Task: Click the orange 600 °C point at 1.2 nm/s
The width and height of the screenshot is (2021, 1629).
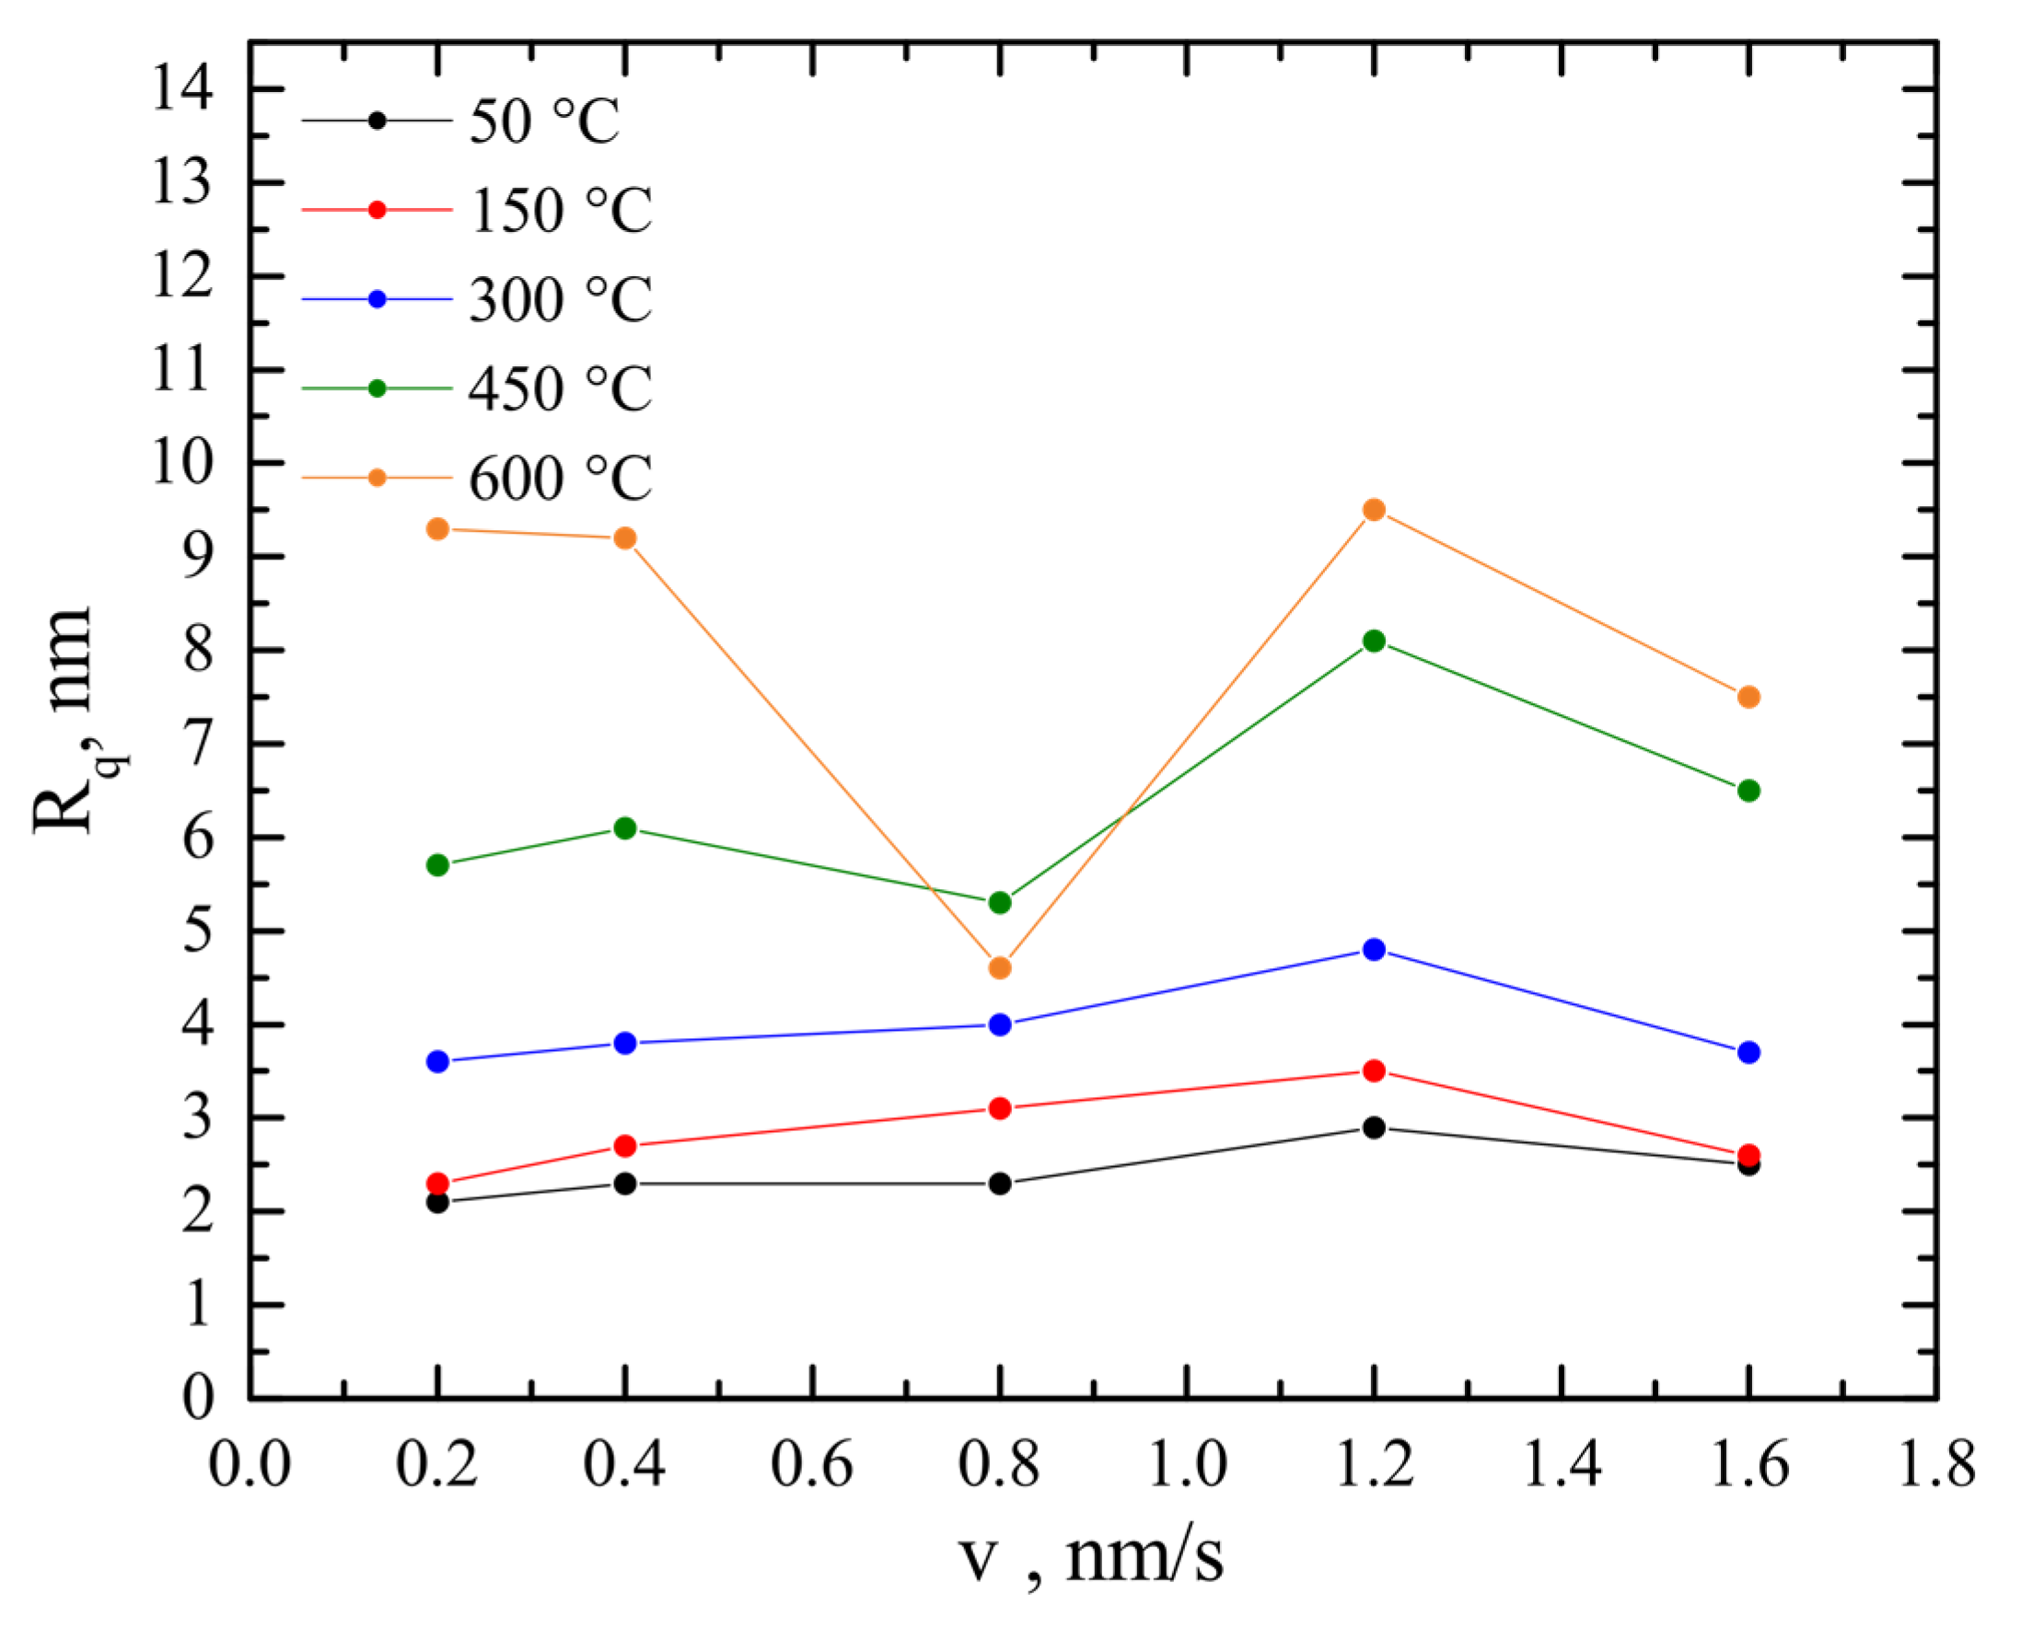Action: [1374, 510]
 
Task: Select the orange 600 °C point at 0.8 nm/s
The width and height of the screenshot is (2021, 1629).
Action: [1000, 967]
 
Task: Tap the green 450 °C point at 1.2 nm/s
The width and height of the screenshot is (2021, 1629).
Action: [1374, 641]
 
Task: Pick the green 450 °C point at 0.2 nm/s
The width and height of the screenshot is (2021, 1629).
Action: [437, 864]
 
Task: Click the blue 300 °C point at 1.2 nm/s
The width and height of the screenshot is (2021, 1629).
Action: [1374, 949]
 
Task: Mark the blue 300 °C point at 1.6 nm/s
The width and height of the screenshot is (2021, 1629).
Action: [1748, 1052]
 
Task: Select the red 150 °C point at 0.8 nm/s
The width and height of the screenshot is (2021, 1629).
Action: [1000, 1108]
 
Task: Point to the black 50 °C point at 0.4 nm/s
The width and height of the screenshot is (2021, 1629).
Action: [625, 1184]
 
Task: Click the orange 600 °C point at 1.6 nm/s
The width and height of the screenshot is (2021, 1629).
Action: [1748, 698]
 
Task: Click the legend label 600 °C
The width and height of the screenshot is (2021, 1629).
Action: [561, 479]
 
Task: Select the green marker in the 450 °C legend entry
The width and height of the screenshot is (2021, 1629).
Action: [377, 388]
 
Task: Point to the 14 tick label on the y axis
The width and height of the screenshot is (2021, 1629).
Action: [183, 91]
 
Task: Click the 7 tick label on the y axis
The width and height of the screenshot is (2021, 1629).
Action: [198, 745]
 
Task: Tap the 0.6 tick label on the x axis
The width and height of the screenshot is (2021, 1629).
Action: [812, 1465]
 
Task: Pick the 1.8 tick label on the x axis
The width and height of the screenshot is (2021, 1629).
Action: [1935, 1465]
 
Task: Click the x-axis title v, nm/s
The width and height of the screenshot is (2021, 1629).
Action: [1092, 1558]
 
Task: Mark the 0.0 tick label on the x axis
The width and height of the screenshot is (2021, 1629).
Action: [250, 1465]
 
